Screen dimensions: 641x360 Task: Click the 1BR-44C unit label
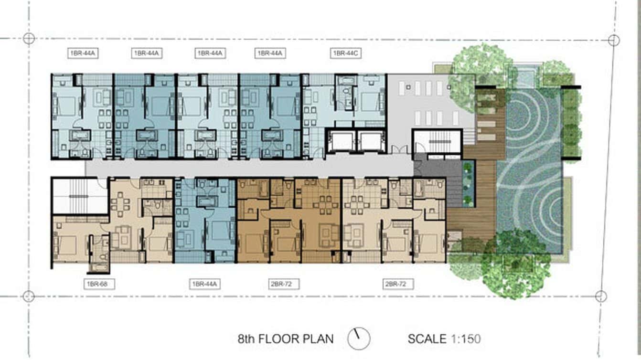click(346, 53)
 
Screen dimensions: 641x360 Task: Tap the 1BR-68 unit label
click(99, 284)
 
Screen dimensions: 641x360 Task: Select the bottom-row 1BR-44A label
click(204, 284)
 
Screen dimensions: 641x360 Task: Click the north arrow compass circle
click(359, 339)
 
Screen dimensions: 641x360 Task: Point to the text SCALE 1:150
click(444, 339)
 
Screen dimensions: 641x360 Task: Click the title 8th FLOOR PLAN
click(286, 339)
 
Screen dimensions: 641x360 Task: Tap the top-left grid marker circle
click(29, 38)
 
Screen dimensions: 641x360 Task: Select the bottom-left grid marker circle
click(29, 296)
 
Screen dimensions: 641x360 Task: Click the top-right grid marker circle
click(614, 40)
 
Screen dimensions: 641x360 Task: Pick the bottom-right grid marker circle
click(601, 296)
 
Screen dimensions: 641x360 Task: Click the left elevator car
click(341, 142)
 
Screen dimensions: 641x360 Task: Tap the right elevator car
click(371, 142)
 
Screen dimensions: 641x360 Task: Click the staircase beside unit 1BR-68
click(80, 196)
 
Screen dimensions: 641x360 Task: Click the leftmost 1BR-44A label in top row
click(83, 53)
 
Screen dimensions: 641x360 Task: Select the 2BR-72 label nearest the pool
click(398, 284)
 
